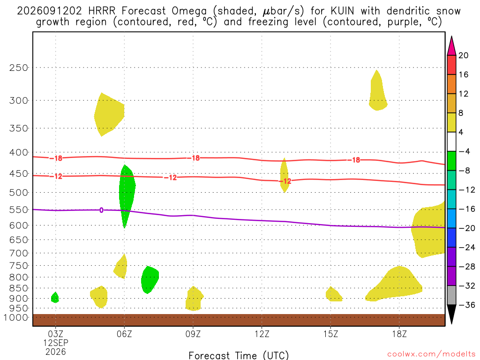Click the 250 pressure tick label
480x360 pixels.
coord(18,67)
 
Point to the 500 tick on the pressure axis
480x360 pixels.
coord(18,193)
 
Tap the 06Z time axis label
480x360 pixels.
coord(124,334)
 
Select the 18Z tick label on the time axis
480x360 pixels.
coord(399,334)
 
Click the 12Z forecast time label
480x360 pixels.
coord(262,334)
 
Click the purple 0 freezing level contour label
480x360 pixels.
coord(101,210)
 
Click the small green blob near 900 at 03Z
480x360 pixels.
coord(55,298)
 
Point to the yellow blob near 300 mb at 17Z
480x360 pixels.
coord(378,92)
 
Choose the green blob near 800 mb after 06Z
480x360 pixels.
coord(150,280)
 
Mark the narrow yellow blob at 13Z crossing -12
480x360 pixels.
coord(285,175)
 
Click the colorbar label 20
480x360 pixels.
coord(464,55)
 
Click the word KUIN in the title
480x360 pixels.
coord(342,11)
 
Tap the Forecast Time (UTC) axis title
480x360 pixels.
coord(239,355)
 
